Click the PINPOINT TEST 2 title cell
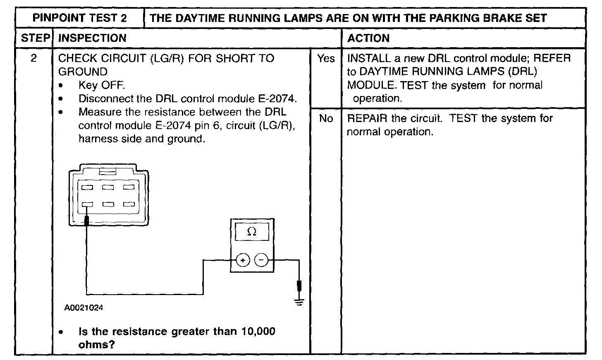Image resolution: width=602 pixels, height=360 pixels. [x=80, y=18]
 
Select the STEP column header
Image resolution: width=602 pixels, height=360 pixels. [x=35, y=38]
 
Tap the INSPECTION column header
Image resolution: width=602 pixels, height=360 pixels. [x=93, y=38]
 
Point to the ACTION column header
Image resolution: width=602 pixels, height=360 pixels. [x=368, y=38]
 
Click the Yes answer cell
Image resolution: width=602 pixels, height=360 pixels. [x=326, y=59]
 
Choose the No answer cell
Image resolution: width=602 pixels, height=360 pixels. [x=326, y=119]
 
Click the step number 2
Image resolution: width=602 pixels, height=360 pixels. [x=34, y=58]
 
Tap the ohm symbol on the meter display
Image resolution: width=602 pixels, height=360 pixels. [x=251, y=232]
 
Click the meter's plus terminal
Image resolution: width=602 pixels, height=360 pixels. [x=243, y=260]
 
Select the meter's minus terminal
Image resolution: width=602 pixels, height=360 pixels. [x=261, y=260]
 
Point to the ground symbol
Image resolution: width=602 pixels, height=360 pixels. [x=299, y=302]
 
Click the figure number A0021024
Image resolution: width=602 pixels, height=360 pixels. [x=84, y=308]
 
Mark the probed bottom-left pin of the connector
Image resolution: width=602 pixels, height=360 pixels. [x=87, y=204]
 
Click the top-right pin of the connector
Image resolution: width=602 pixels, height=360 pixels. [x=129, y=187]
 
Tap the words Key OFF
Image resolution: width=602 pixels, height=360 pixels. [x=101, y=85]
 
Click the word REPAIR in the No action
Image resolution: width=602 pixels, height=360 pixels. [x=367, y=118]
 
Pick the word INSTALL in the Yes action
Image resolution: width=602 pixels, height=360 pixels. [x=369, y=58]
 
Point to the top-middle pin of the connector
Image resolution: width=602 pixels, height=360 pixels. [x=108, y=187]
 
